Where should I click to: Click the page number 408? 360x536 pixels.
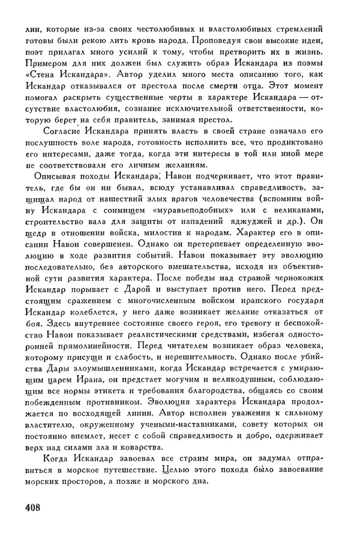(x=29, y=507)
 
